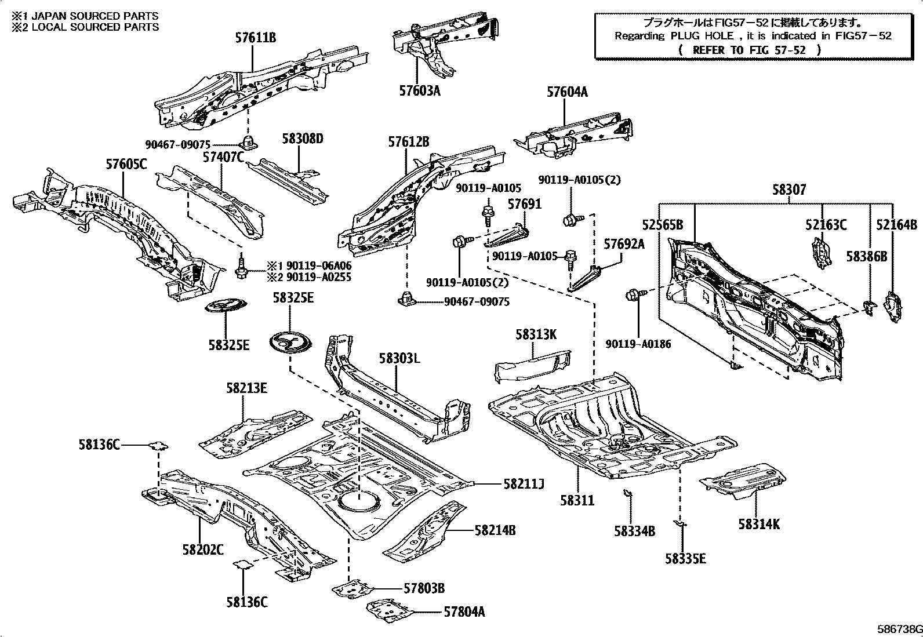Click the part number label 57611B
(255, 38)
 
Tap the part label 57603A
(419, 91)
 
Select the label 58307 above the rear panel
(788, 190)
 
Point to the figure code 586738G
(897, 629)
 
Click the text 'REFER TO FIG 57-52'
(749, 50)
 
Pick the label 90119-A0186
(638, 344)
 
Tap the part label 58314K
(759, 525)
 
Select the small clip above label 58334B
(627, 493)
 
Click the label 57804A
(464, 611)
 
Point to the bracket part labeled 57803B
(354, 589)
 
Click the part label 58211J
(524, 483)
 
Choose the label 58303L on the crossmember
(399, 358)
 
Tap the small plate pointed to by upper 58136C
(158, 446)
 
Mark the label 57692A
(624, 244)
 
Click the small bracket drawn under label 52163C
(820, 254)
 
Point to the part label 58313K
(536, 334)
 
